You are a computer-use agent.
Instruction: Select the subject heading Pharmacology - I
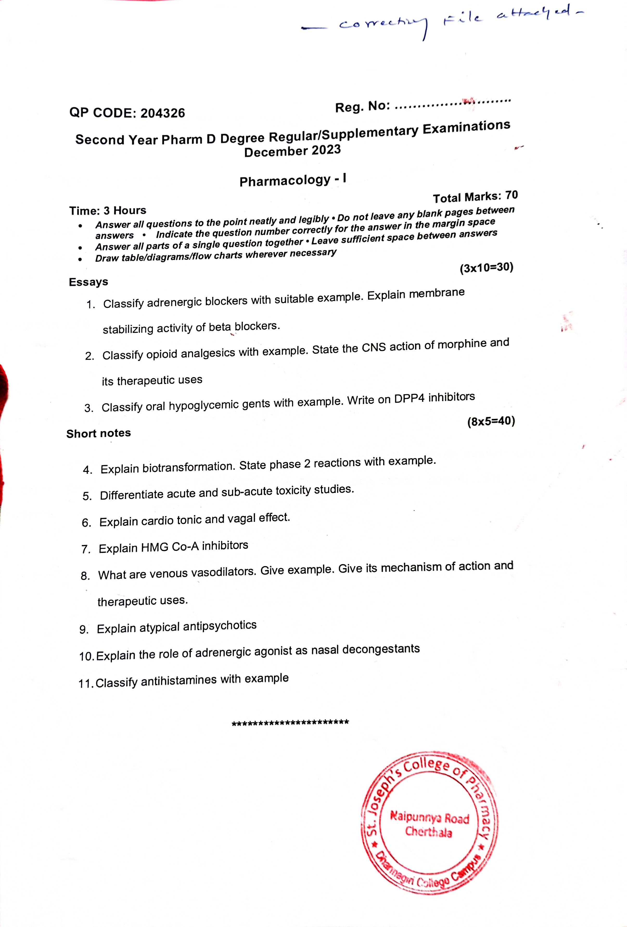click(x=292, y=180)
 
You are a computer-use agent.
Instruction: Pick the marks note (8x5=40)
click(x=491, y=421)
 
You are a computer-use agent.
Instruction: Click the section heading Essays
click(x=88, y=282)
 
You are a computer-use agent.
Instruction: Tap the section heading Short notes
click(x=99, y=433)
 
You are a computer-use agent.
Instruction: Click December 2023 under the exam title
click(x=292, y=151)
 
